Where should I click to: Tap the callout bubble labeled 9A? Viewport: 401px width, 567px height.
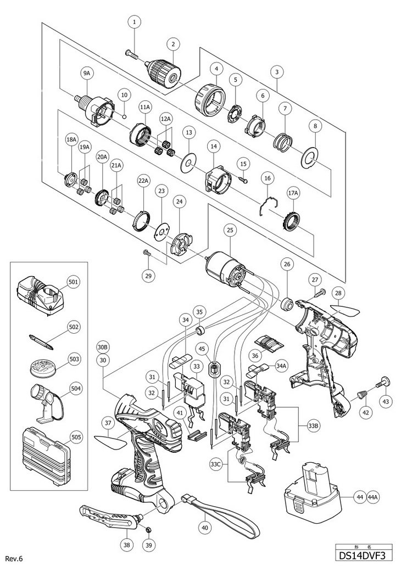tap(87, 74)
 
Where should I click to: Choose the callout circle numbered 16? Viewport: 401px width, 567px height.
tap(268, 178)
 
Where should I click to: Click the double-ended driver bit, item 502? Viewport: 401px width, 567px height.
tap(42, 342)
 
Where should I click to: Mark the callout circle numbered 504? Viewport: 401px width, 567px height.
tap(74, 388)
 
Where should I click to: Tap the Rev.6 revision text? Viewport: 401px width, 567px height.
tap(14, 559)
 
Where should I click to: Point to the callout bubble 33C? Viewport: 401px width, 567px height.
tap(216, 463)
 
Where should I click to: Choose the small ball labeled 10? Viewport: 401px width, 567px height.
tap(124, 116)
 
